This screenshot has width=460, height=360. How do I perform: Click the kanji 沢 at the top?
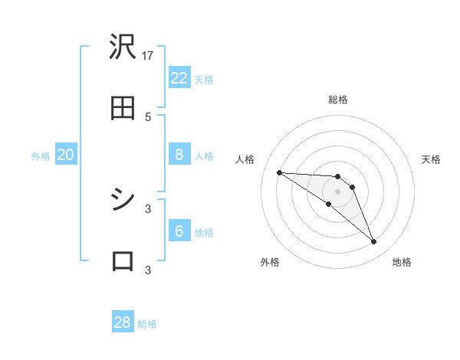tap(123, 48)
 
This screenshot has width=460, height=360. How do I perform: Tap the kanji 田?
tap(123, 109)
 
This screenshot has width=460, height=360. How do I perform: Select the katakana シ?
tap(123, 200)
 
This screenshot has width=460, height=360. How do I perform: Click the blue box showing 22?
tap(179, 78)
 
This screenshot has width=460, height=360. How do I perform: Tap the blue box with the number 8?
tap(179, 155)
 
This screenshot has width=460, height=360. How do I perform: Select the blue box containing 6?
tap(179, 231)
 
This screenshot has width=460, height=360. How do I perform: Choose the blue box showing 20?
tap(65, 155)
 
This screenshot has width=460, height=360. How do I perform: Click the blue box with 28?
tap(123, 322)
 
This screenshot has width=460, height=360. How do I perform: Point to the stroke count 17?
tap(149, 55)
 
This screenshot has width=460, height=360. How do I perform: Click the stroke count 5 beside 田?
tap(148, 116)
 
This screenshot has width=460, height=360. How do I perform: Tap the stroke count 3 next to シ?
tap(148, 208)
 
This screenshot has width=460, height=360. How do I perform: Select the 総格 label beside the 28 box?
tap(147, 324)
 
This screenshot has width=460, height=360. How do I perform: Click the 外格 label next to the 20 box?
tap(41, 156)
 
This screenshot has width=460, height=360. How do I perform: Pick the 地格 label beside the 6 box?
tap(204, 233)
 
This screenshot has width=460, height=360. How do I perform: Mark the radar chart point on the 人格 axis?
tap(279, 172)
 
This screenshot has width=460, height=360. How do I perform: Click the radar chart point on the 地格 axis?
tap(373, 242)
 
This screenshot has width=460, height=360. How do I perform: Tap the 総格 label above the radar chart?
tap(338, 100)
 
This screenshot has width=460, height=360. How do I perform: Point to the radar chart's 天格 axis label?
tap(432, 159)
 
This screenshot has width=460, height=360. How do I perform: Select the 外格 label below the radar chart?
tap(270, 262)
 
